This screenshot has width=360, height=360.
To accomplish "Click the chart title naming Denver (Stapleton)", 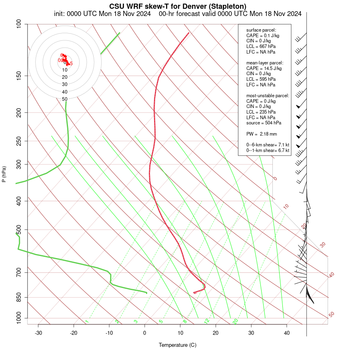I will pos(178,6).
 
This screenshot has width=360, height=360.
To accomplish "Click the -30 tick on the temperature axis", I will pos(38,333).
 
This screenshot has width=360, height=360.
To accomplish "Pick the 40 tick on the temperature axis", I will pos(287,333).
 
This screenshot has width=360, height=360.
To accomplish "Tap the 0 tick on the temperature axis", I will pos(145,333).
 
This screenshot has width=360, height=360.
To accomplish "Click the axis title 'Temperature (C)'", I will pos(178,345).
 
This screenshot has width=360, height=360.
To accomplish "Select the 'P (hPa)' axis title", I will pos(4,174).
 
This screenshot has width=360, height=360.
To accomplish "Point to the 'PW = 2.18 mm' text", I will pos(262,134).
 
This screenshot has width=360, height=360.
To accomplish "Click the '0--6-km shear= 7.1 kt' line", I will pos(268,145).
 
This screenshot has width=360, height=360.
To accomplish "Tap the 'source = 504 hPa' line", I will pos(264,123).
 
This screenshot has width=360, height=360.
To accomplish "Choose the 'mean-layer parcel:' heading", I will pos(265,63).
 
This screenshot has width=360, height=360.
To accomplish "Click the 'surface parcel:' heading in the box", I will pos(261,30).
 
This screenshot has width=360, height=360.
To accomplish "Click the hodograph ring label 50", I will pos(65,99).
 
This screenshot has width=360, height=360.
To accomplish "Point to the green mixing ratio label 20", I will pos(236,321).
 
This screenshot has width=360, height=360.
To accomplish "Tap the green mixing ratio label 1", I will pos(86,321).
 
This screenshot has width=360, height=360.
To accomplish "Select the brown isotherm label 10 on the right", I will pos(286,206).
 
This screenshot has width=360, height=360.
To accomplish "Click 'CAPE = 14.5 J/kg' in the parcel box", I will pos(264,68).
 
